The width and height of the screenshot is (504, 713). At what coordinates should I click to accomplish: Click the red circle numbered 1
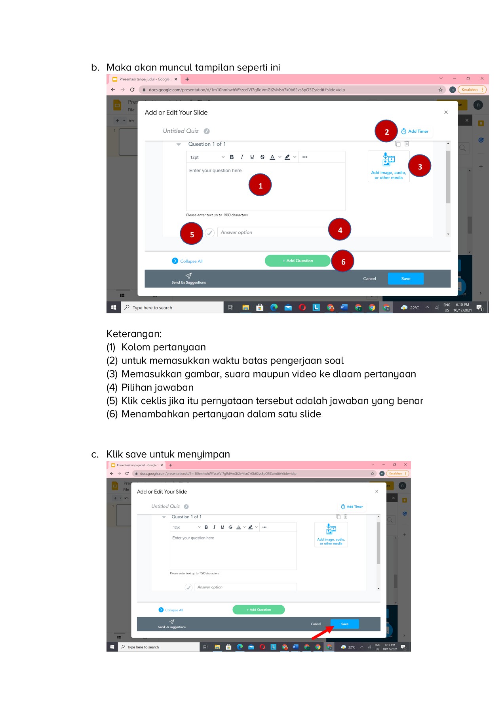(260, 185)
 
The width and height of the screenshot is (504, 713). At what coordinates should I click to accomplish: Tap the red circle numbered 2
(386, 131)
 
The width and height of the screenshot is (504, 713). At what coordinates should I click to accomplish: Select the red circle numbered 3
(420, 166)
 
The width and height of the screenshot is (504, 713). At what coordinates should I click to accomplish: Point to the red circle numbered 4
(340, 229)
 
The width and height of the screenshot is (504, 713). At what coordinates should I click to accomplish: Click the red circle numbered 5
(192, 234)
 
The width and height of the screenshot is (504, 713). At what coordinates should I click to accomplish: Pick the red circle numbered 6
(343, 261)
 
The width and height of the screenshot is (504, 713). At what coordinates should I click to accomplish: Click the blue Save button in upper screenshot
(405, 278)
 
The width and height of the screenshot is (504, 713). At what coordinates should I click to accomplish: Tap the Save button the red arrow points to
(344, 624)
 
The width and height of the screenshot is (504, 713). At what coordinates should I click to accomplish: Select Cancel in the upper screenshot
(369, 278)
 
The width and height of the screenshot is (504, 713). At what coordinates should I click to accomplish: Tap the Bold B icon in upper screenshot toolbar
(232, 157)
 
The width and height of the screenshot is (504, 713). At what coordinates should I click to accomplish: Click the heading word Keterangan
(134, 334)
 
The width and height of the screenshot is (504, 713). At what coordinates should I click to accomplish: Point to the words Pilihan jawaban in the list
(157, 387)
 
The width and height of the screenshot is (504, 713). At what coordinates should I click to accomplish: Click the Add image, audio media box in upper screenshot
(388, 166)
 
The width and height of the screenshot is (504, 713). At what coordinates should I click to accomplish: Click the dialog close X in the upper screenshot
(446, 112)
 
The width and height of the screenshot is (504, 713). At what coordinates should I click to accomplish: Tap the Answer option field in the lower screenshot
(245, 587)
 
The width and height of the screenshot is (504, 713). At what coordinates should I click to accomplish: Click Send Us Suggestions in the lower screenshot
(172, 624)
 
